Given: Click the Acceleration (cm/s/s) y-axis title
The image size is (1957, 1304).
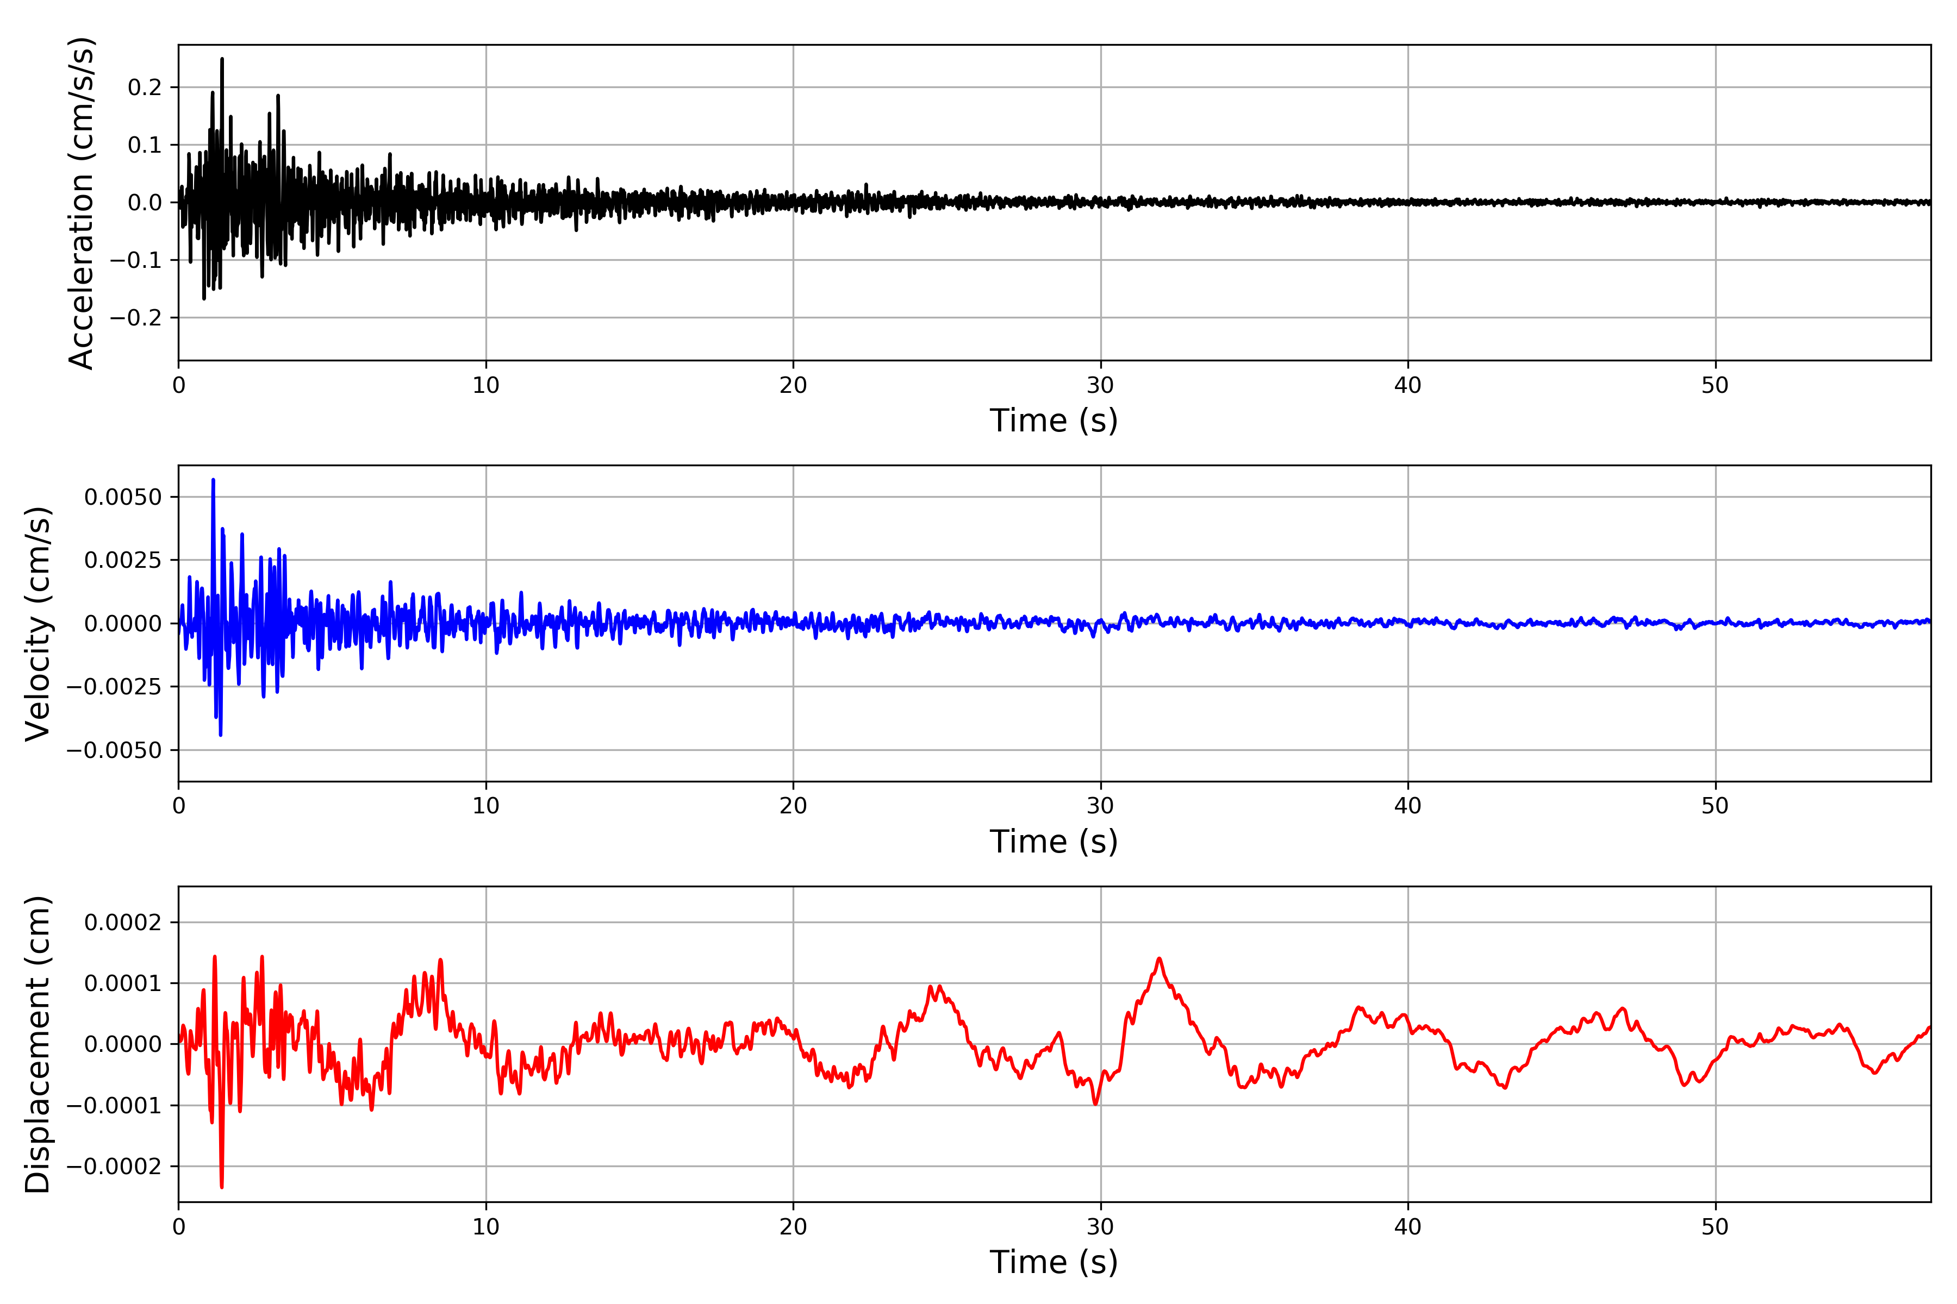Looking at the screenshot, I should point(82,203).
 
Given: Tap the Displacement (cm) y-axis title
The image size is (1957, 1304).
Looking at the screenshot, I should point(38,1044).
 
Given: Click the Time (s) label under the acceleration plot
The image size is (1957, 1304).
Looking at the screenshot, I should point(1054,421).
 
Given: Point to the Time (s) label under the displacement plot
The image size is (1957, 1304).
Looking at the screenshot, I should point(1054,1262).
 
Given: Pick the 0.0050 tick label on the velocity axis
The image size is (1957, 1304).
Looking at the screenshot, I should point(123,497).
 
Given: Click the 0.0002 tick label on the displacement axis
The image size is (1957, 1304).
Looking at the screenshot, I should point(123,922).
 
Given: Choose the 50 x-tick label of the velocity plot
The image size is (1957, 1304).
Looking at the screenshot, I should point(1715,806).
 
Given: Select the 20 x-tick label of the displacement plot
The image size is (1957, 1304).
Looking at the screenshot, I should point(793,1227).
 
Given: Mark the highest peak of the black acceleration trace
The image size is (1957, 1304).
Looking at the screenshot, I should point(222,59).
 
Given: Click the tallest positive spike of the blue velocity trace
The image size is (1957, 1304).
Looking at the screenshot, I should point(213,480).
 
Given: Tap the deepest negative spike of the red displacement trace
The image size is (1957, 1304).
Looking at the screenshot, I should point(221,1187).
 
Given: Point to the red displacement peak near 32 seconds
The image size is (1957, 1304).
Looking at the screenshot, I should point(1158,959).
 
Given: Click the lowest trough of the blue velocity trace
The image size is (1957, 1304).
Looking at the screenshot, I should point(221,735).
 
